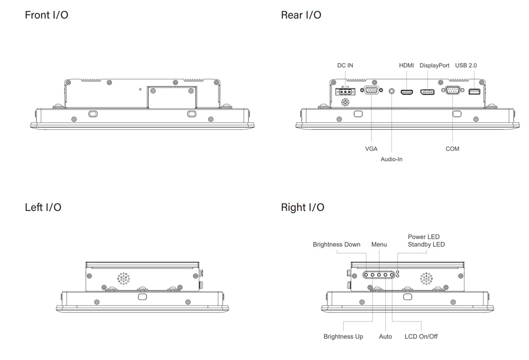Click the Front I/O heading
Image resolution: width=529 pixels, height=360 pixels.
pyautogui.click(x=47, y=15)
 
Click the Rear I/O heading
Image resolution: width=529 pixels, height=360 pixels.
pyautogui.click(x=301, y=15)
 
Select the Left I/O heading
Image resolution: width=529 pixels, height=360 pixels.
pyautogui.click(x=43, y=207)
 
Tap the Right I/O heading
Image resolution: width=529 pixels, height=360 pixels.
pyautogui.click(x=303, y=207)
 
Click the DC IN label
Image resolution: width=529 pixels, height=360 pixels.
pyautogui.click(x=345, y=66)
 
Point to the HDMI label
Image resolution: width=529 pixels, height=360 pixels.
pyautogui.click(x=406, y=66)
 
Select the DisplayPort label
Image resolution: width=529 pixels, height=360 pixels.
pyautogui.click(x=434, y=66)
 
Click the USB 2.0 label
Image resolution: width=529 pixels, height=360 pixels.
pyautogui.click(x=466, y=66)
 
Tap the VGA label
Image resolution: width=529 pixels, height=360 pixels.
pyautogui.click(x=371, y=149)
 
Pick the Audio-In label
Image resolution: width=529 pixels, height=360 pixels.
pyautogui.click(x=391, y=159)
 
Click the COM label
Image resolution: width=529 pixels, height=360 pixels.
pyautogui.click(x=452, y=149)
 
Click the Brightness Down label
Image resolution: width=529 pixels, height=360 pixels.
pyautogui.click(x=336, y=245)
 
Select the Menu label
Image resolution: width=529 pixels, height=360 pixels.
pyautogui.click(x=379, y=245)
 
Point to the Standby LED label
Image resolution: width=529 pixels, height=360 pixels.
pyautogui.click(x=426, y=245)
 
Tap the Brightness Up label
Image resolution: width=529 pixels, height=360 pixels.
pyautogui.click(x=343, y=337)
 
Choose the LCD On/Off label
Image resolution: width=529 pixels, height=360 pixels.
pyautogui.click(x=421, y=337)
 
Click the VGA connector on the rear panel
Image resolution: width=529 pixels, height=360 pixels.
pyautogui.click(x=372, y=91)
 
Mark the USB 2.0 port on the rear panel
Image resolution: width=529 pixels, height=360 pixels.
pyautogui.click(x=474, y=93)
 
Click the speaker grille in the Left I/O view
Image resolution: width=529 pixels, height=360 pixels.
pyautogui.click(x=123, y=278)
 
